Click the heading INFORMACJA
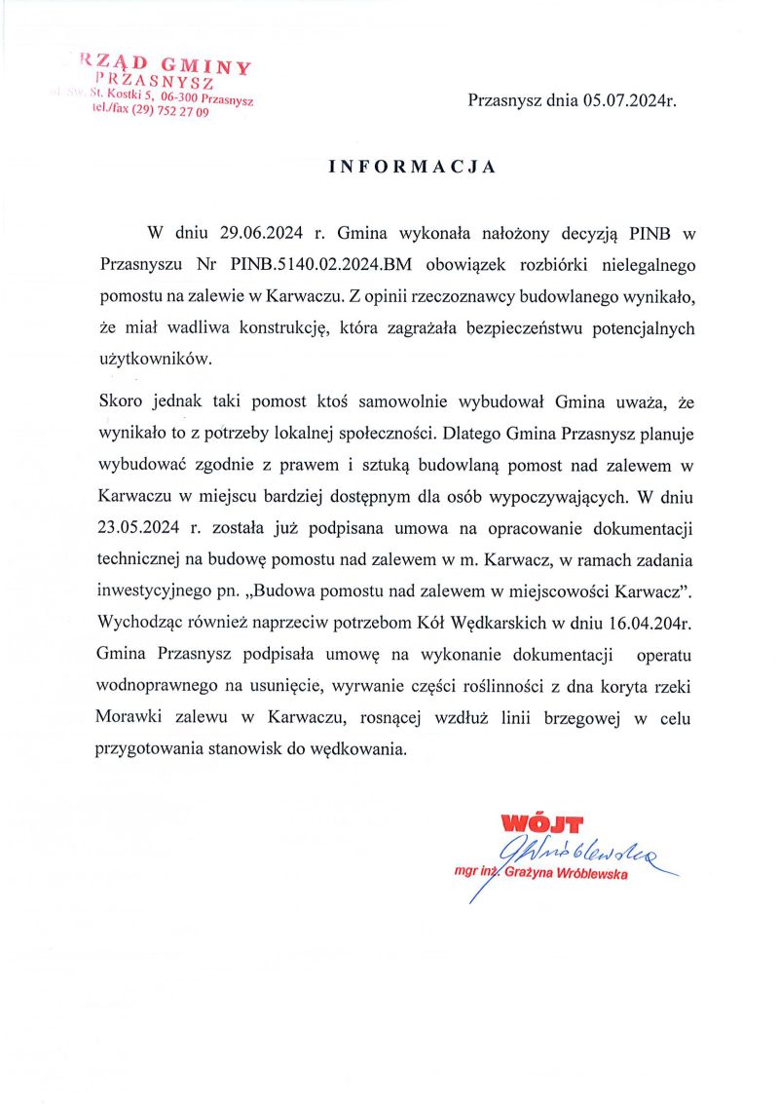(x=413, y=167)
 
